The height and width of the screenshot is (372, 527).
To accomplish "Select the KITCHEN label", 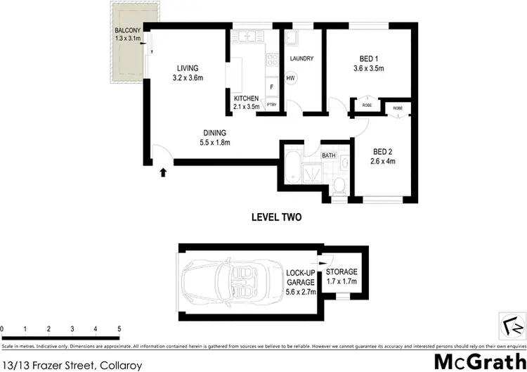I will pyautogui.click(x=247, y=98).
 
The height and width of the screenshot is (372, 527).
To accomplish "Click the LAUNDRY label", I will pyautogui.click(x=301, y=58).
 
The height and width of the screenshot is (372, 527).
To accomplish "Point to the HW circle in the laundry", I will pyautogui.click(x=291, y=78).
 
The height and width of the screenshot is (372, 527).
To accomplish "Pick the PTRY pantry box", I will pyautogui.click(x=271, y=105).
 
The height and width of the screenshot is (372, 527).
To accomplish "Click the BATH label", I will pyautogui.click(x=328, y=155).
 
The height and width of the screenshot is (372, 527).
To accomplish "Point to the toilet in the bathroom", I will pyautogui.click(x=339, y=184).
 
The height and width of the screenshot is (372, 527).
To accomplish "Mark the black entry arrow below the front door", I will pyautogui.click(x=164, y=171).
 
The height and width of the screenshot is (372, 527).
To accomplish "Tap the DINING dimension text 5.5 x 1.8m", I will pyautogui.click(x=215, y=142).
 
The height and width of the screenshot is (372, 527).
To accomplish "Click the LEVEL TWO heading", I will pyautogui.click(x=276, y=217).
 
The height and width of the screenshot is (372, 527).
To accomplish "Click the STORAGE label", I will pyautogui.click(x=341, y=271).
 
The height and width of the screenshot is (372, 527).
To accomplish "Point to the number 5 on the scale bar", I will pyautogui.click(x=119, y=329).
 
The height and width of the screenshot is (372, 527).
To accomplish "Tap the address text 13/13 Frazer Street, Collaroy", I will pyautogui.click(x=72, y=365).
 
